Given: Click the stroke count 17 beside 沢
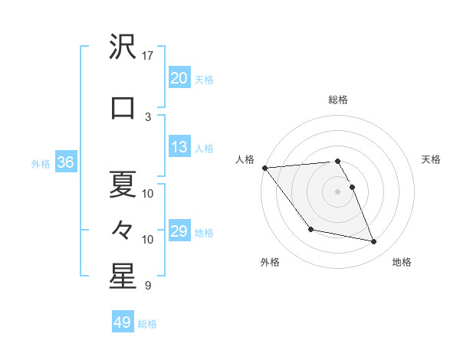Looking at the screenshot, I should (x=148, y=56).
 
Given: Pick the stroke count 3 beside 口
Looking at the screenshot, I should (x=148, y=116).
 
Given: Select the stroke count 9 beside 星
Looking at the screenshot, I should (x=148, y=286).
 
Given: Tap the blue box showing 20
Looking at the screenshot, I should (x=179, y=78).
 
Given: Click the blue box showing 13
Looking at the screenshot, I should (x=179, y=148).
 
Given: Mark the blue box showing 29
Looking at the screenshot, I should (x=179, y=231).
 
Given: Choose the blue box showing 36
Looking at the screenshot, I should (x=65, y=163).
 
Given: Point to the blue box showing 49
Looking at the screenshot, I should (x=122, y=322).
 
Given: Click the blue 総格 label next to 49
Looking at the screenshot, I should (x=147, y=324).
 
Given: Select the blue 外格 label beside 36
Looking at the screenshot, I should (x=41, y=164).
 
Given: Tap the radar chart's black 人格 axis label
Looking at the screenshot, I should (x=245, y=159).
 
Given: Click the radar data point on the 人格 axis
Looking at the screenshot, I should (x=264, y=168).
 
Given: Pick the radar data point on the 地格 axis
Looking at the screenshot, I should (x=374, y=242).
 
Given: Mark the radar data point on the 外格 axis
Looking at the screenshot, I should (x=310, y=229).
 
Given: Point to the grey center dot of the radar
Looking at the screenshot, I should (x=337, y=191).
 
